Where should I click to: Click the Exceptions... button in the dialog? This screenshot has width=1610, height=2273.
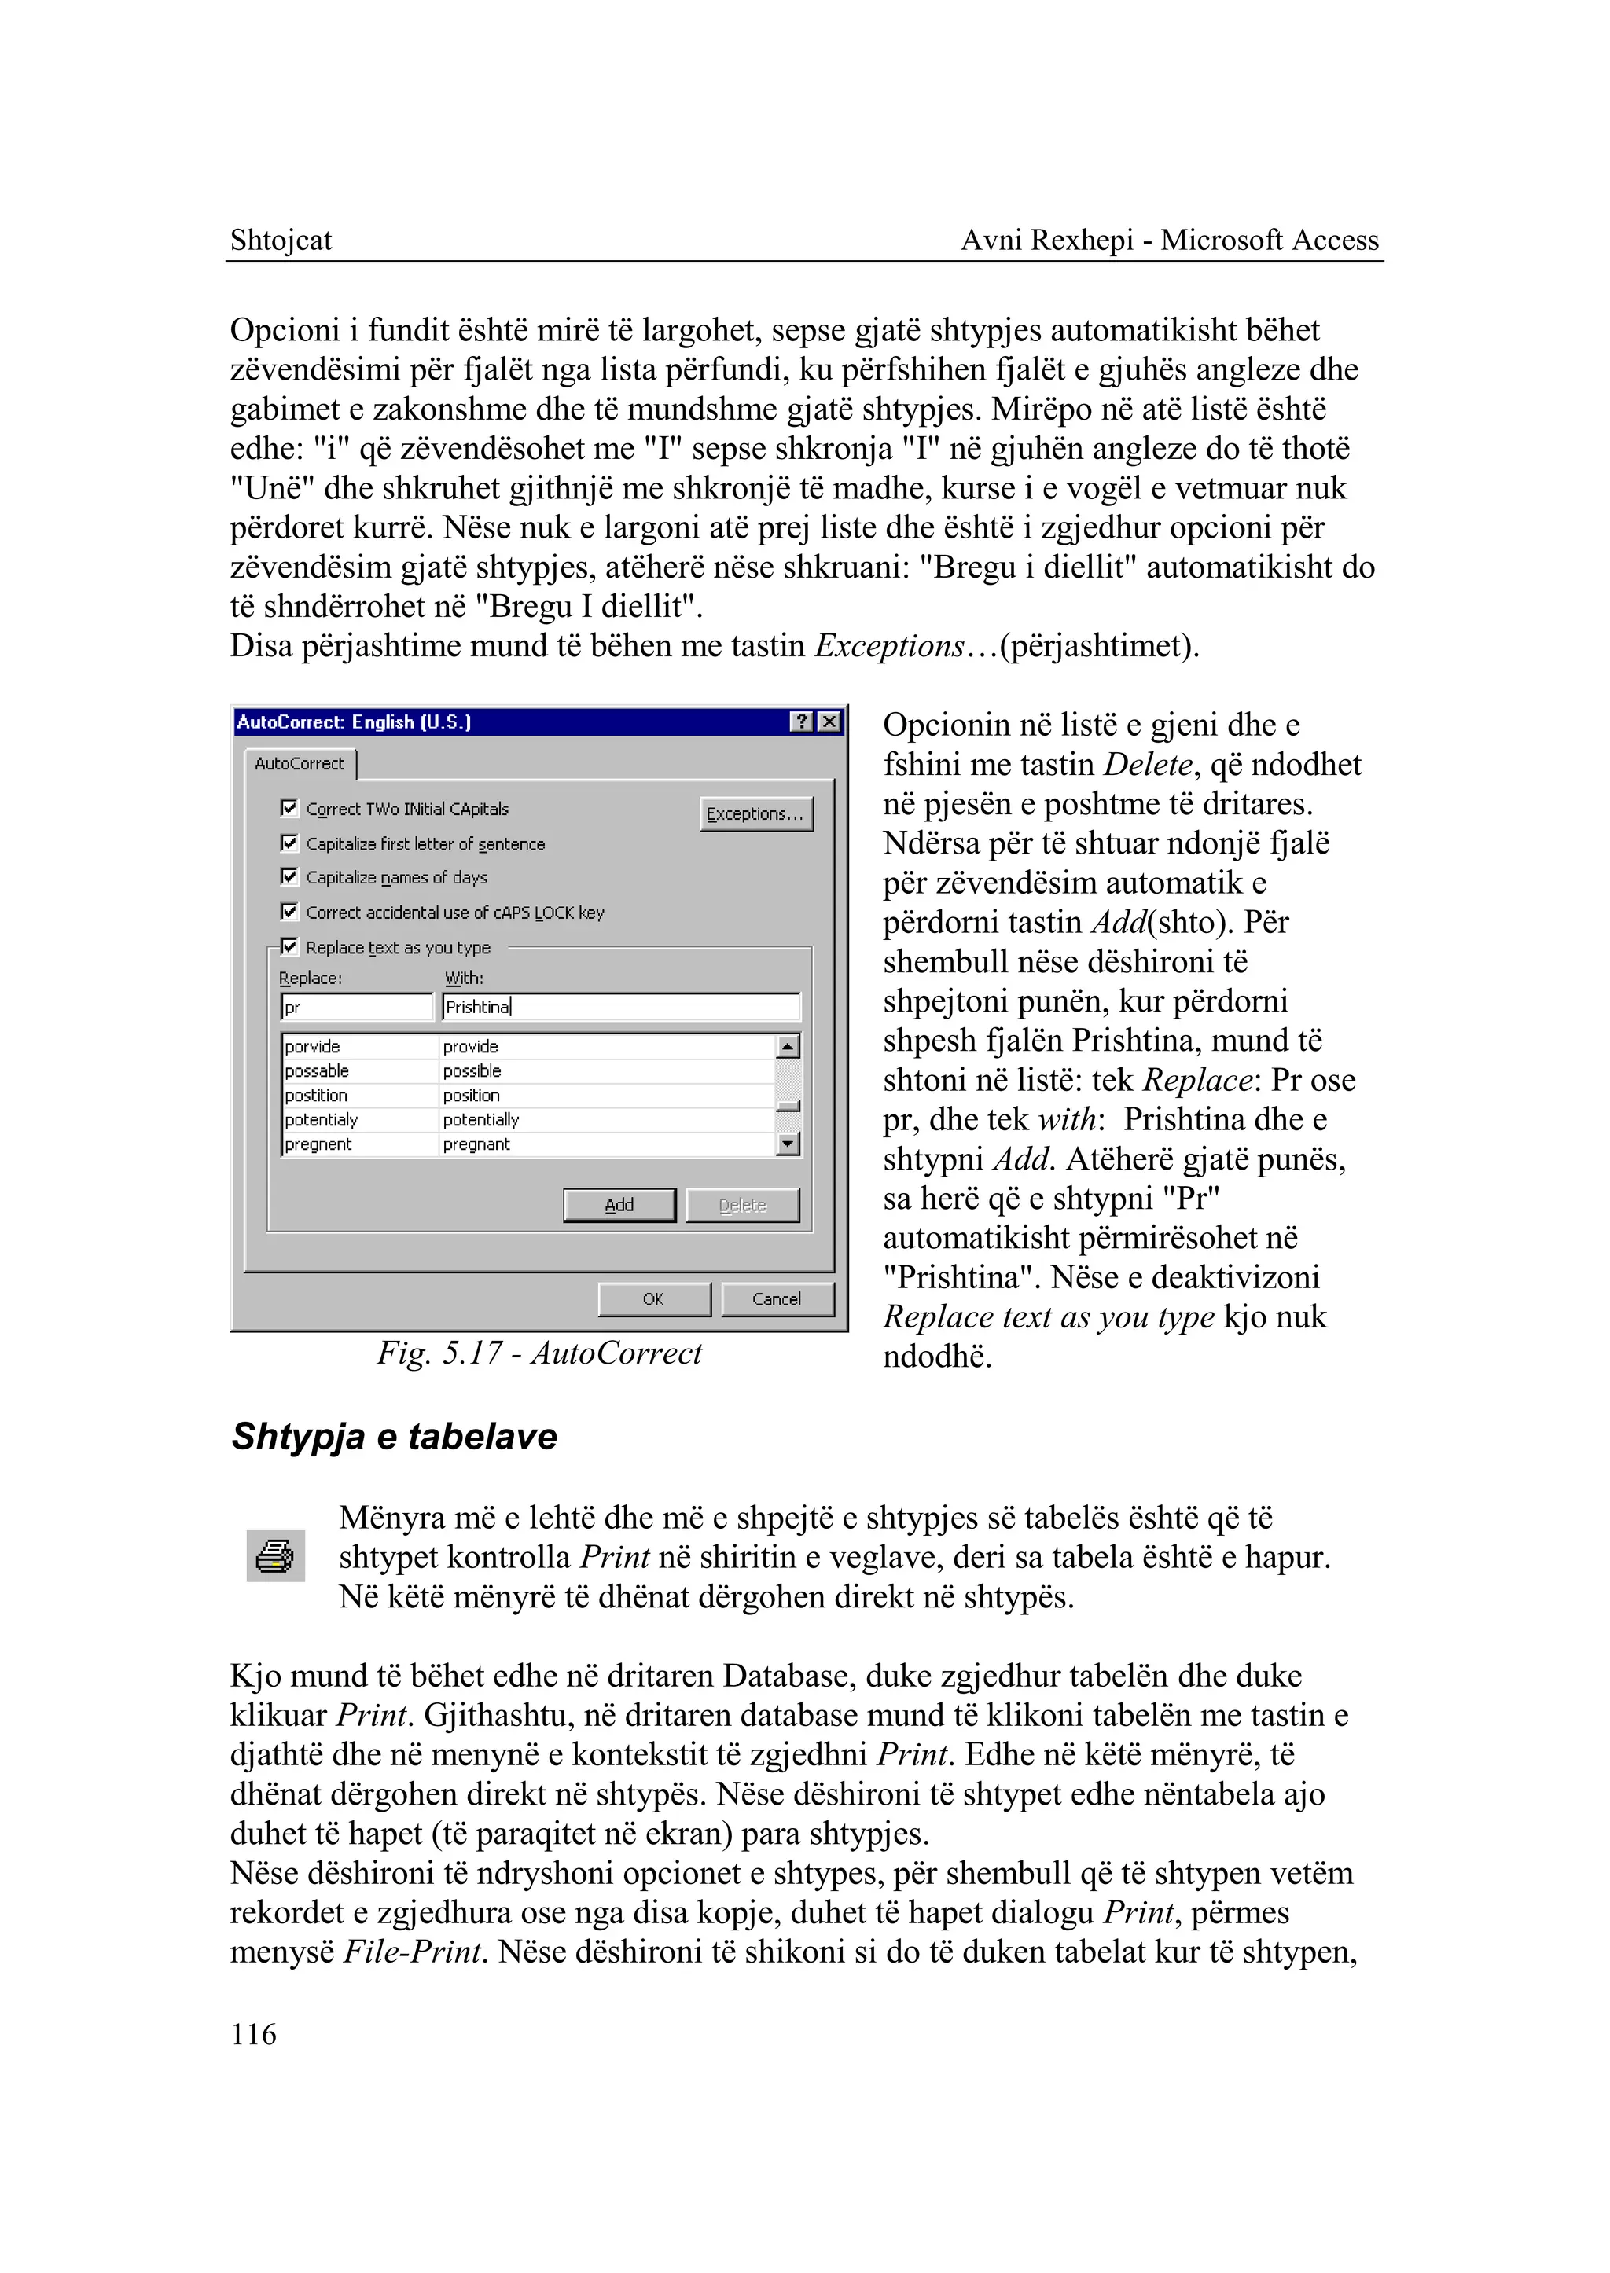coord(755,813)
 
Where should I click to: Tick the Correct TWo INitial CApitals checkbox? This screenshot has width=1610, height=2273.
coord(289,809)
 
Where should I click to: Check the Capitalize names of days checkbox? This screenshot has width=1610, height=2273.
coord(289,877)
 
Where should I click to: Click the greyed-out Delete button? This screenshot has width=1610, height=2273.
coord(743,1206)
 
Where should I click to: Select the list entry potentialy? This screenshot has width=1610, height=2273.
coord(322,1120)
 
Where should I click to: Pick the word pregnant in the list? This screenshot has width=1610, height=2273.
coord(477,1145)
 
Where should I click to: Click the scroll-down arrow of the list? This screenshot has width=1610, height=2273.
coord(788,1145)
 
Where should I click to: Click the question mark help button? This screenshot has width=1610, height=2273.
coord(802,722)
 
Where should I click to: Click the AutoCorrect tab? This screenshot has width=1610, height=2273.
coord(300,764)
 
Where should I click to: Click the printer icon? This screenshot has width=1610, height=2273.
coord(274,1556)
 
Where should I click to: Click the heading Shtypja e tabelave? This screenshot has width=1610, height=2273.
coord(395,1438)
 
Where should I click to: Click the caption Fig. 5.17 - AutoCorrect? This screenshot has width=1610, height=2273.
coord(539,1354)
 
